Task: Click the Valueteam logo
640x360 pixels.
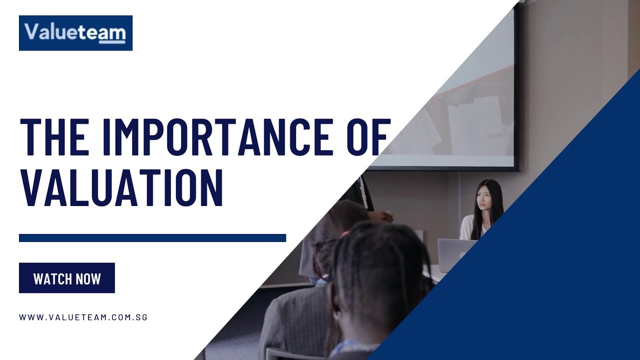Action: click(x=75, y=33)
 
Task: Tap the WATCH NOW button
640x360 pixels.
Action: click(x=67, y=278)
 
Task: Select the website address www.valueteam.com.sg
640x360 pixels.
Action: click(x=83, y=317)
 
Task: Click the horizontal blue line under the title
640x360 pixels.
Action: click(x=152, y=238)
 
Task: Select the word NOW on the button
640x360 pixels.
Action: click(x=88, y=278)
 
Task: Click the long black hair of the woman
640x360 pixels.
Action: click(x=495, y=205)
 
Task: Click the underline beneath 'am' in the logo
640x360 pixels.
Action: click(x=112, y=42)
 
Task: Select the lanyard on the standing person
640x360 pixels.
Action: click(x=363, y=192)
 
